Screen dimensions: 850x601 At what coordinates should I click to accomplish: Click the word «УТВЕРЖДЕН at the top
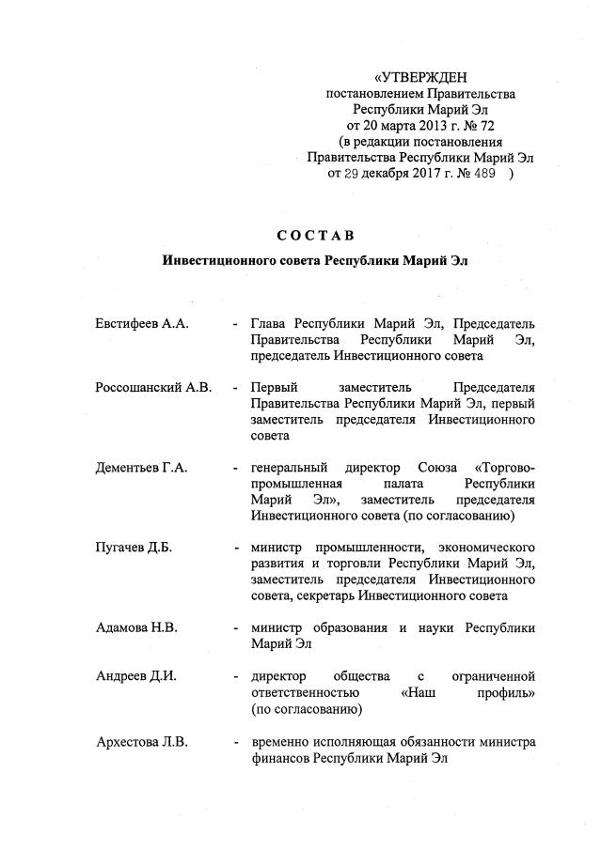click(420, 77)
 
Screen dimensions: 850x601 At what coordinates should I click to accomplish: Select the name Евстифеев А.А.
click(143, 323)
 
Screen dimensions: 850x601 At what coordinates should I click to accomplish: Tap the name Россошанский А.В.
click(153, 387)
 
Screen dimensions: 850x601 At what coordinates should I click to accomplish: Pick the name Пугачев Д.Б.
click(134, 548)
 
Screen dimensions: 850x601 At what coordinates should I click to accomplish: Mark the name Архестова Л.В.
click(142, 742)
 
